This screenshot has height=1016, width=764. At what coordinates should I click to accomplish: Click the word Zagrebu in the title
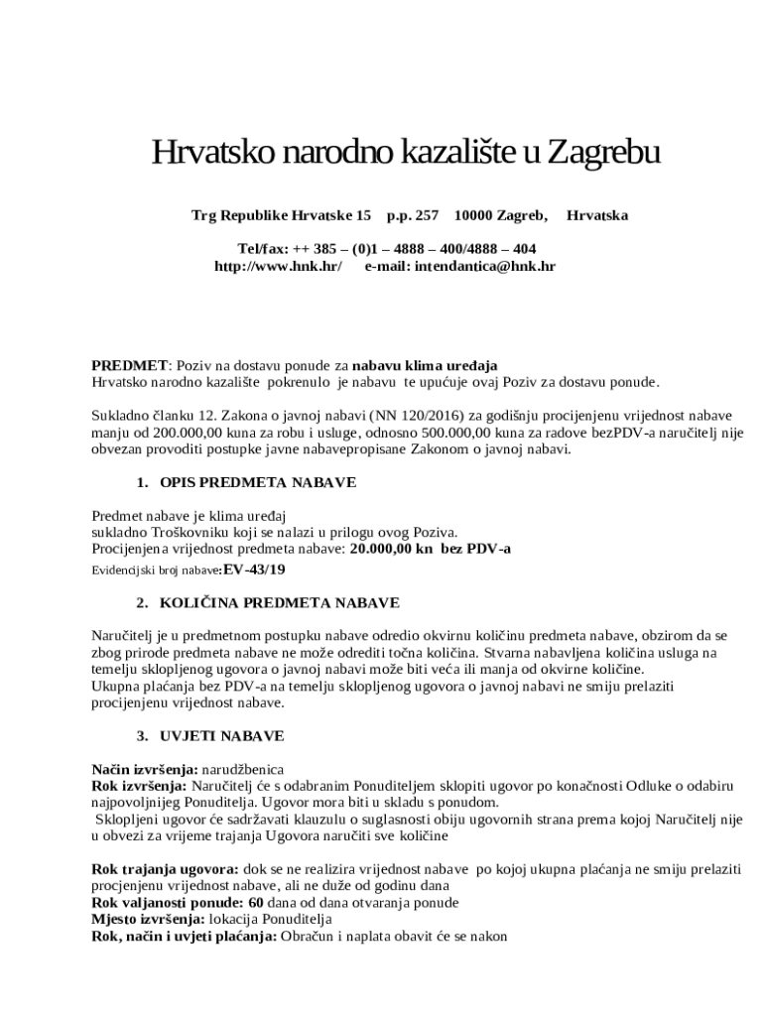(x=603, y=154)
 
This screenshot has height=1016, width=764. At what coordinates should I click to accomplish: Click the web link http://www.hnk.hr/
(x=279, y=266)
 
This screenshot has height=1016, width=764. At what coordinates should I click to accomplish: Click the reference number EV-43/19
(x=254, y=570)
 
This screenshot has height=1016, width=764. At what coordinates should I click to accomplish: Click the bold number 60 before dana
(x=256, y=903)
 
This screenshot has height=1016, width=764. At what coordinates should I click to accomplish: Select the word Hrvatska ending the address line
(x=596, y=214)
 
